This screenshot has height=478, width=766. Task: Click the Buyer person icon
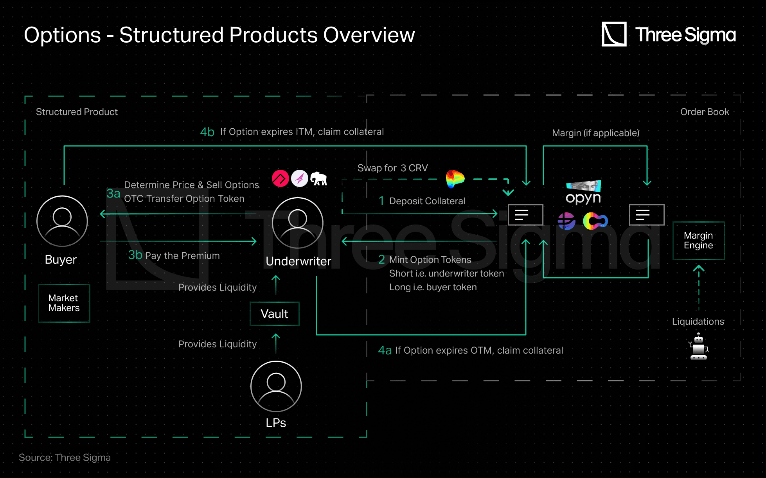tap(62, 221)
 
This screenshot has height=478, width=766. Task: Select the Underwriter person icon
tap(298, 223)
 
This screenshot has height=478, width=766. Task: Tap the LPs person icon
tap(276, 386)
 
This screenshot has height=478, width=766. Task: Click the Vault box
tap(275, 314)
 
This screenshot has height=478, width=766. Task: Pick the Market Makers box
tap(64, 303)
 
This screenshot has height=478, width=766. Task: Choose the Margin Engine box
tap(698, 241)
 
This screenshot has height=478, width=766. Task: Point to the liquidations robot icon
tap(699, 347)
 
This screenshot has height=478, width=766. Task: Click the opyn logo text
tap(583, 198)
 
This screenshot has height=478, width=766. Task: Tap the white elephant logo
tap(319, 179)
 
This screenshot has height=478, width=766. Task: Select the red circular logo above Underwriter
tap(281, 179)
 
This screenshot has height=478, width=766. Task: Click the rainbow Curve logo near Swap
tap(455, 179)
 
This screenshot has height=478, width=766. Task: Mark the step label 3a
tap(113, 193)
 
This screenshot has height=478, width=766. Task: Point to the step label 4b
tap(207, 132)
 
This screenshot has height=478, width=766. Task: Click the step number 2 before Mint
tap(381, 260)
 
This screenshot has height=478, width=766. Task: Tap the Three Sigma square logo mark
tap(614, 34)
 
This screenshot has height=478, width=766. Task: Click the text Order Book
tap(705, 112)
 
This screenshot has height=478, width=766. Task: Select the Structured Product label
tap(77, 112)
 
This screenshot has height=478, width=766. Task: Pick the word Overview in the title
tap(369, 35)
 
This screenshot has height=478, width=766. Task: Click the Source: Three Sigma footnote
tap(65, 457)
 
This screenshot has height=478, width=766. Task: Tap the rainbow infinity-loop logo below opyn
tap(595, 221)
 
